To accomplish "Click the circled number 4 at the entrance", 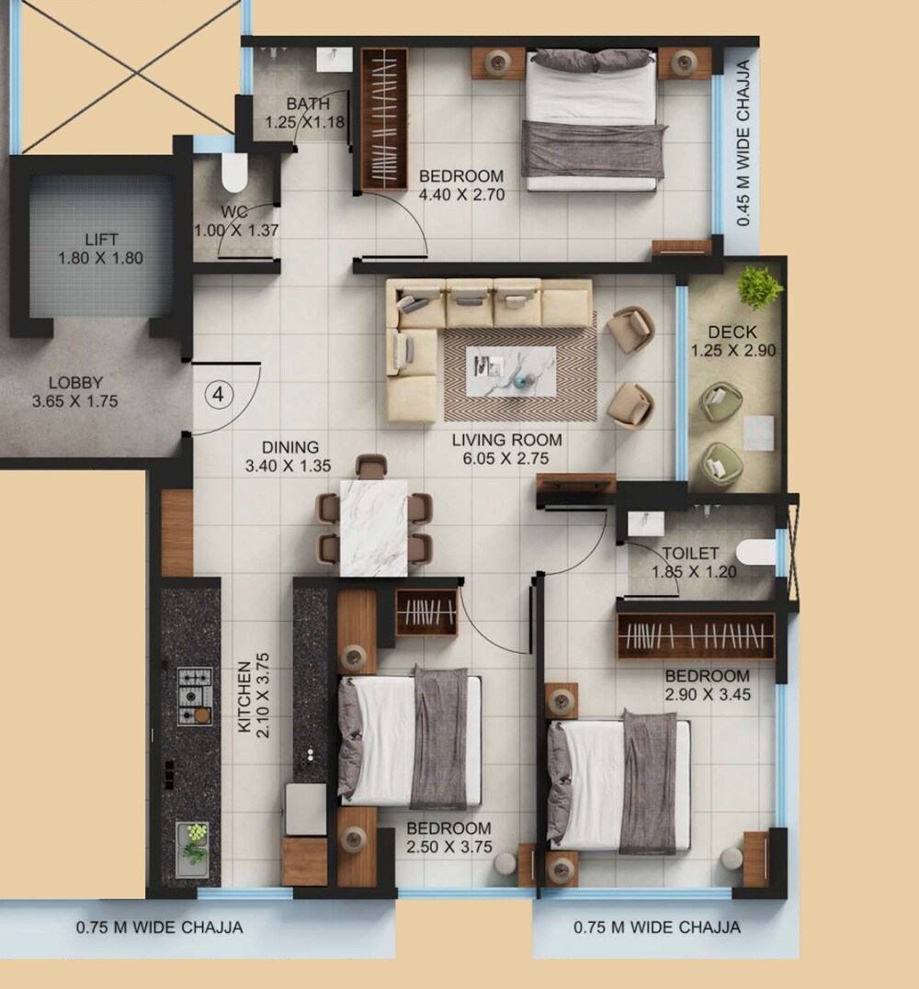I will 219,395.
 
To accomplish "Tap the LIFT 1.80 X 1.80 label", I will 101,249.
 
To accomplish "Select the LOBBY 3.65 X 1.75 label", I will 75,392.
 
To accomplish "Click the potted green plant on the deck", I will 759,287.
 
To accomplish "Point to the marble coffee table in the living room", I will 510,371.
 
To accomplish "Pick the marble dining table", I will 373,527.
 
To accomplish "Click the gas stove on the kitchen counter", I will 195,696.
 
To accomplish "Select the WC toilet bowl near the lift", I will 235,172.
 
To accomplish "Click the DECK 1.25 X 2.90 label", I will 732,341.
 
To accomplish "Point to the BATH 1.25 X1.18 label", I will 304,113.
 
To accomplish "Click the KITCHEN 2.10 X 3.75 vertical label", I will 253,697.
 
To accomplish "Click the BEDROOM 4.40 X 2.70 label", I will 461,185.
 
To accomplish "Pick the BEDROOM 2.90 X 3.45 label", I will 708,685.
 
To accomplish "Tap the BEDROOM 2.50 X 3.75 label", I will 448,837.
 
